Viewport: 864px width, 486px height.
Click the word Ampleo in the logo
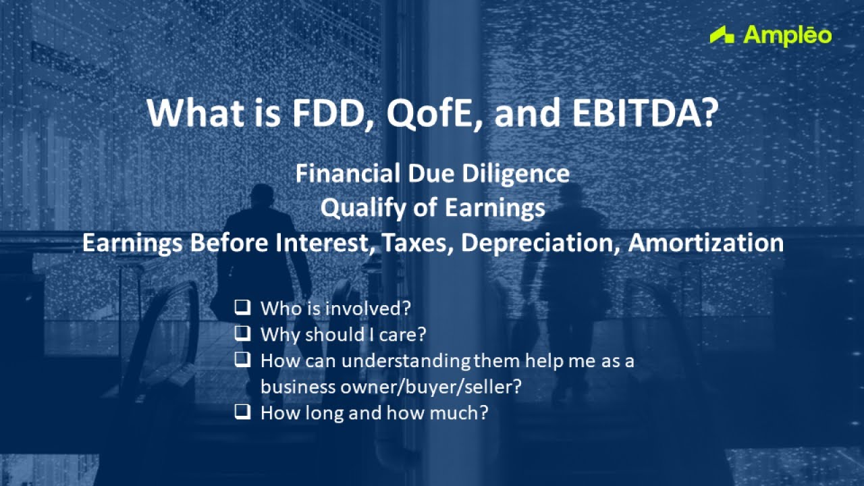787,35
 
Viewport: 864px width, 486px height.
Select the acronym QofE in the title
427,113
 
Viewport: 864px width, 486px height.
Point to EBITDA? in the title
644,113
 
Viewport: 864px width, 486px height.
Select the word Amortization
705,243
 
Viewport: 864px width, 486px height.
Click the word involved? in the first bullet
368,308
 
